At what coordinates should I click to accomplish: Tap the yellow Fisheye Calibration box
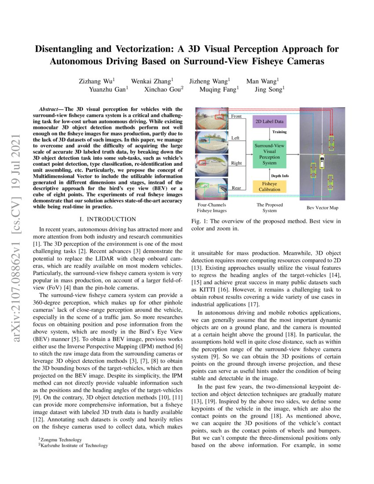click(269, 186)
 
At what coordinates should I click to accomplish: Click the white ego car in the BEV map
click(322, 161)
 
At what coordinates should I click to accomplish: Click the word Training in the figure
click(279, 132)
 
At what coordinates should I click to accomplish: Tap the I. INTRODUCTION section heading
click(108, 219)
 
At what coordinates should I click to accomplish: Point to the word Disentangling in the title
click(69, 49)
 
